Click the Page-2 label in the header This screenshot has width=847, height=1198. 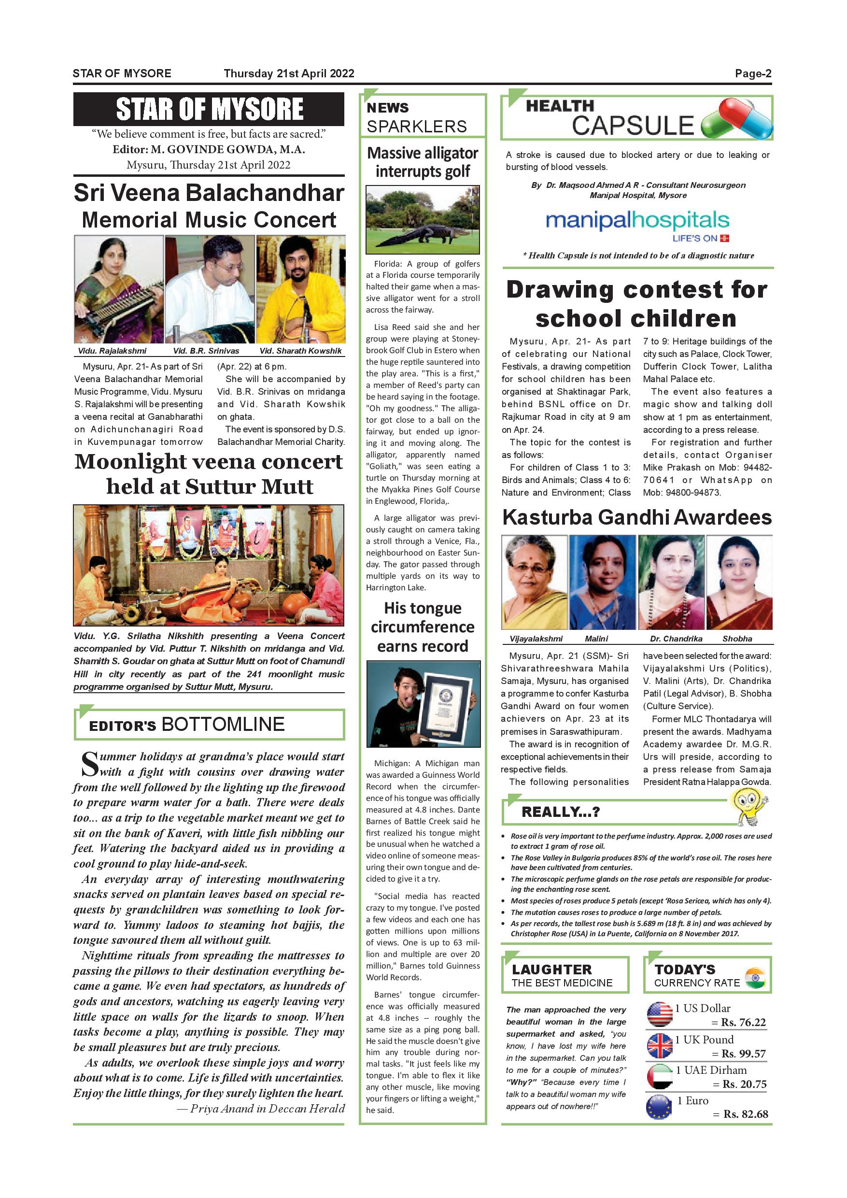click(x=753, y=73)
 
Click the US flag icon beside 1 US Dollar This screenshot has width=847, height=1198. click(x=659, y=1014)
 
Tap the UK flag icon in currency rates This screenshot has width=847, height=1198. click(x=659, y=1046)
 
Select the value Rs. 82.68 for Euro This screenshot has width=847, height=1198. click(x=745, y=1114)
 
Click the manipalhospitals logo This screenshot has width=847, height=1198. click(x=637, y=221)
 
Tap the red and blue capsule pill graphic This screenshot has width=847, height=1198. click(x=737, y=119)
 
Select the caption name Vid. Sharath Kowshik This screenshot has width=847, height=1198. click(x=300, y=351)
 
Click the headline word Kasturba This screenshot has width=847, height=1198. click(x=547, y=517)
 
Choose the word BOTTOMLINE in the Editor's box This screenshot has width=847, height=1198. click(x=223, y=724)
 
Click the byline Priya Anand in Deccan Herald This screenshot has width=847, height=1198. click(x=267, y=1109)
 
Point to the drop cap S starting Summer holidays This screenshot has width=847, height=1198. click(x=89, y=764)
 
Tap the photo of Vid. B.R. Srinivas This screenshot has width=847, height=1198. click(x=210, y=288)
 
